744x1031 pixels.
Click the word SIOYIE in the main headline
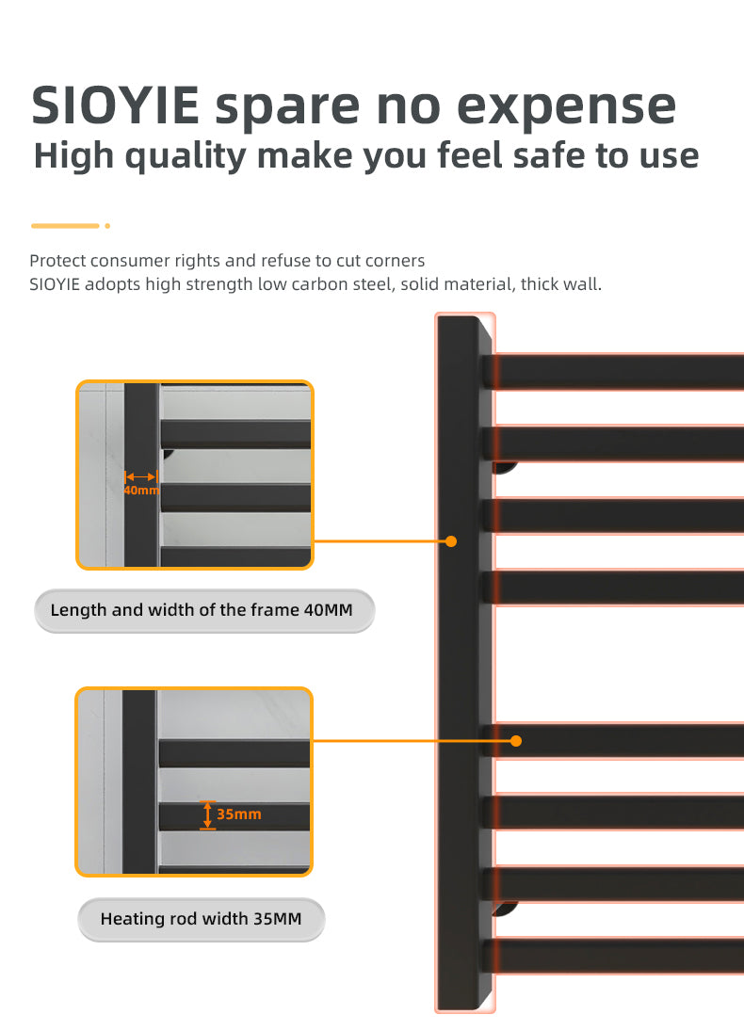tap(115, 105)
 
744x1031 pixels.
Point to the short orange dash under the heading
tap(65, 226)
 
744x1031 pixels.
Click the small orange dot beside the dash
tap(107, 226)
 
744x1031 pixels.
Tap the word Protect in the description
tap(57, 261)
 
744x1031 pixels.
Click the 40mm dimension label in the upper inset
tap(140, 491)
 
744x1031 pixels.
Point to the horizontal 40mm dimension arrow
tap(140, 476)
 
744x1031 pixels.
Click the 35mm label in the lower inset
tap(239, 814)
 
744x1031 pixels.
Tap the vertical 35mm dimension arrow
tap(208, 814)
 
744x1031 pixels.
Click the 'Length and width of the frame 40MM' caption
tap(204, 610)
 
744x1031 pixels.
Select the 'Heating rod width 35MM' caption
tap(202, 919)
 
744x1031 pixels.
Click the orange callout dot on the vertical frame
tap(450, 541)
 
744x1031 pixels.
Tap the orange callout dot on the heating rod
tap(516, 741)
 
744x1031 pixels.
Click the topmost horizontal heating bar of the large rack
tap(615, 372)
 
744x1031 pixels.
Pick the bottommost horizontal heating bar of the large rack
tap(615, 956)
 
